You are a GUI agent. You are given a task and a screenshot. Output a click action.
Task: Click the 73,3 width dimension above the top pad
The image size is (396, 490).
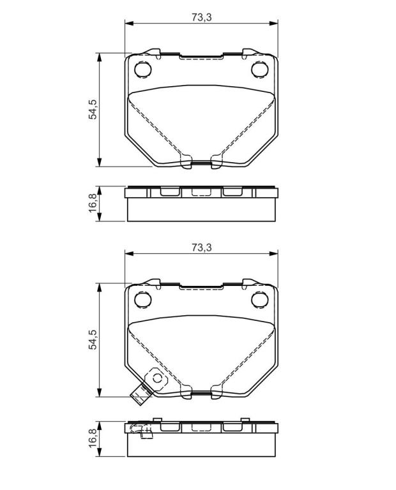202,17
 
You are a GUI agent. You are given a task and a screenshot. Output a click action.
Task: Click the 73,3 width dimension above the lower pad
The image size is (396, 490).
202,248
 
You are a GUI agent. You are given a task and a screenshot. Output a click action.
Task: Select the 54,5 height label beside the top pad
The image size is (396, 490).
93,110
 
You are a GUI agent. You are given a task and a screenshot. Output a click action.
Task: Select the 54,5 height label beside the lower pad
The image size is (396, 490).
93,339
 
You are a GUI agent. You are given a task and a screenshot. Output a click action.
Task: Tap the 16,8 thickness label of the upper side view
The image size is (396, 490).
93,204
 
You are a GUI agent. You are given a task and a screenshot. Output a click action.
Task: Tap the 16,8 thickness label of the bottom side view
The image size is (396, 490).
93,438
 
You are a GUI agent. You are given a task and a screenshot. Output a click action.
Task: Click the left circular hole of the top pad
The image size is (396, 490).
142,70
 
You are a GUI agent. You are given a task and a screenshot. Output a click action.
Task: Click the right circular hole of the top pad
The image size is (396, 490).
259,70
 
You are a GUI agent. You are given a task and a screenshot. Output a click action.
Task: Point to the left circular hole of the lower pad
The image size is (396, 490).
142,300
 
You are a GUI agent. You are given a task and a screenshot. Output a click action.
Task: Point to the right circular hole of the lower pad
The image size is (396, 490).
259,300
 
